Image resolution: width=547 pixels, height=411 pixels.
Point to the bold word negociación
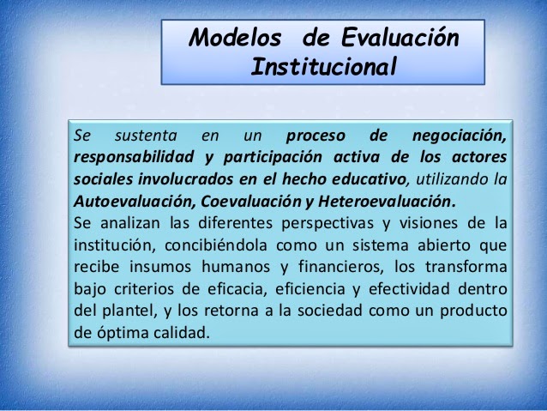(459, 136)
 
